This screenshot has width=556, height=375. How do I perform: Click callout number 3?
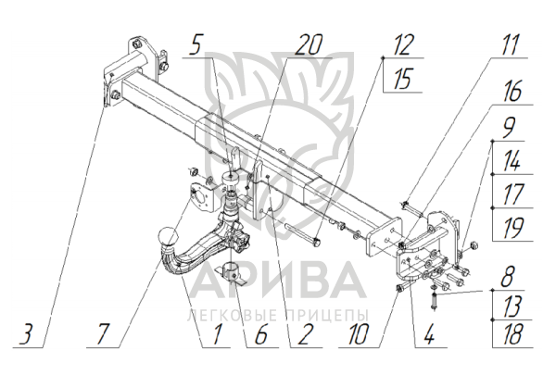tap(27, 334)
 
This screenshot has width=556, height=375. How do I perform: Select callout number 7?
tap(103, 334)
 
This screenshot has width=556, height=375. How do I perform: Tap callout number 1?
tap(217, 334)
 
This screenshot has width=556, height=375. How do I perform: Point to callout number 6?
tap(260, 334)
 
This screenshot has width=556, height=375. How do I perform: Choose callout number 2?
tap(306, 334)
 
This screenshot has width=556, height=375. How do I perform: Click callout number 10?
tap(358, 334)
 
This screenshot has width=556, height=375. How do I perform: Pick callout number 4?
tap(429, 334)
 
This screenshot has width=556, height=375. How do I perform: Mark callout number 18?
tap(512, 334)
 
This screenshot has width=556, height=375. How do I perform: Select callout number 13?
tap(512, 306)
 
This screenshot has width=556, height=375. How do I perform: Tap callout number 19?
tap(512, 228)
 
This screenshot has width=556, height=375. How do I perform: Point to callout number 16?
tap(512, 92)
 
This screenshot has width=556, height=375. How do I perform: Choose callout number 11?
tap(510, 45)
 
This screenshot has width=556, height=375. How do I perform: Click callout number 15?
tap(403, 79)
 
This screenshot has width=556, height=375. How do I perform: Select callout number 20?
tap(309, 45)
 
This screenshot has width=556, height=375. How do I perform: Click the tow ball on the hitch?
tap(168, 237)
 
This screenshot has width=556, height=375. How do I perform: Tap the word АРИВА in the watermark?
tap(276, 281)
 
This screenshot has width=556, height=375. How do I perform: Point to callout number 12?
tap(403, 45)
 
